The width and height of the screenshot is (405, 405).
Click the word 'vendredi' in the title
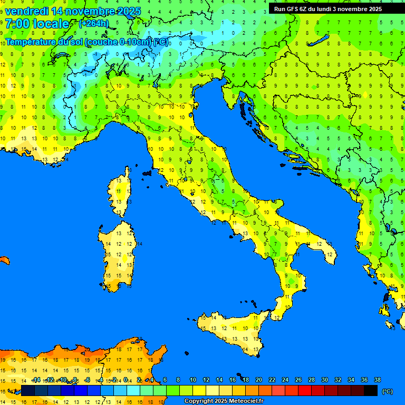tap(26, 11)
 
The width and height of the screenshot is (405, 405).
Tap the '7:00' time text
tap(17, 24)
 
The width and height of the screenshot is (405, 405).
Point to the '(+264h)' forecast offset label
tap(94, 23)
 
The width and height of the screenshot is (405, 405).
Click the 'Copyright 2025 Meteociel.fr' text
tap(224, 401)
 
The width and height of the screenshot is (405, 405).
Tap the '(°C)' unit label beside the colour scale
tap(387, 391)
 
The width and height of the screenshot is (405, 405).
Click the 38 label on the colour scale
tap(377, 380)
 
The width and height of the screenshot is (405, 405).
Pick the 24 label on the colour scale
tap(285, 380)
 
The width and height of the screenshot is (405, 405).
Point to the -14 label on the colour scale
tap(36, 380)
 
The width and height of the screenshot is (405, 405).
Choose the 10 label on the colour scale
tap(193, 380)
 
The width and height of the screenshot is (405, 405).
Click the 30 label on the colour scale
tap(324, 380)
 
